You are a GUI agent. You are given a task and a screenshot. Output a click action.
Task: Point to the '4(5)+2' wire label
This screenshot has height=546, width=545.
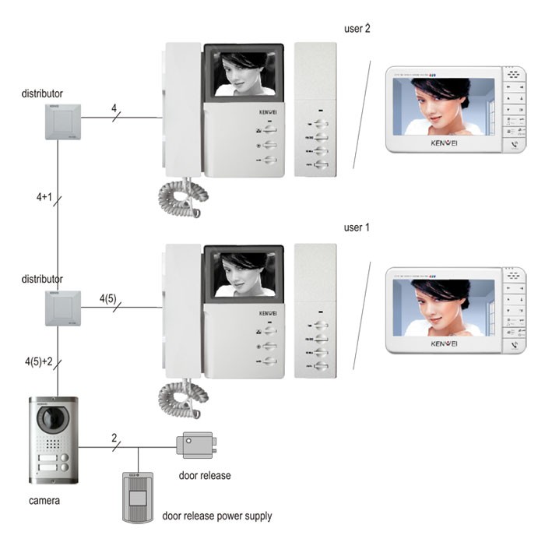(38, 361)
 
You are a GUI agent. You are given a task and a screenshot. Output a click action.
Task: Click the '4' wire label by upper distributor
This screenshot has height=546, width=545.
(114, 107)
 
